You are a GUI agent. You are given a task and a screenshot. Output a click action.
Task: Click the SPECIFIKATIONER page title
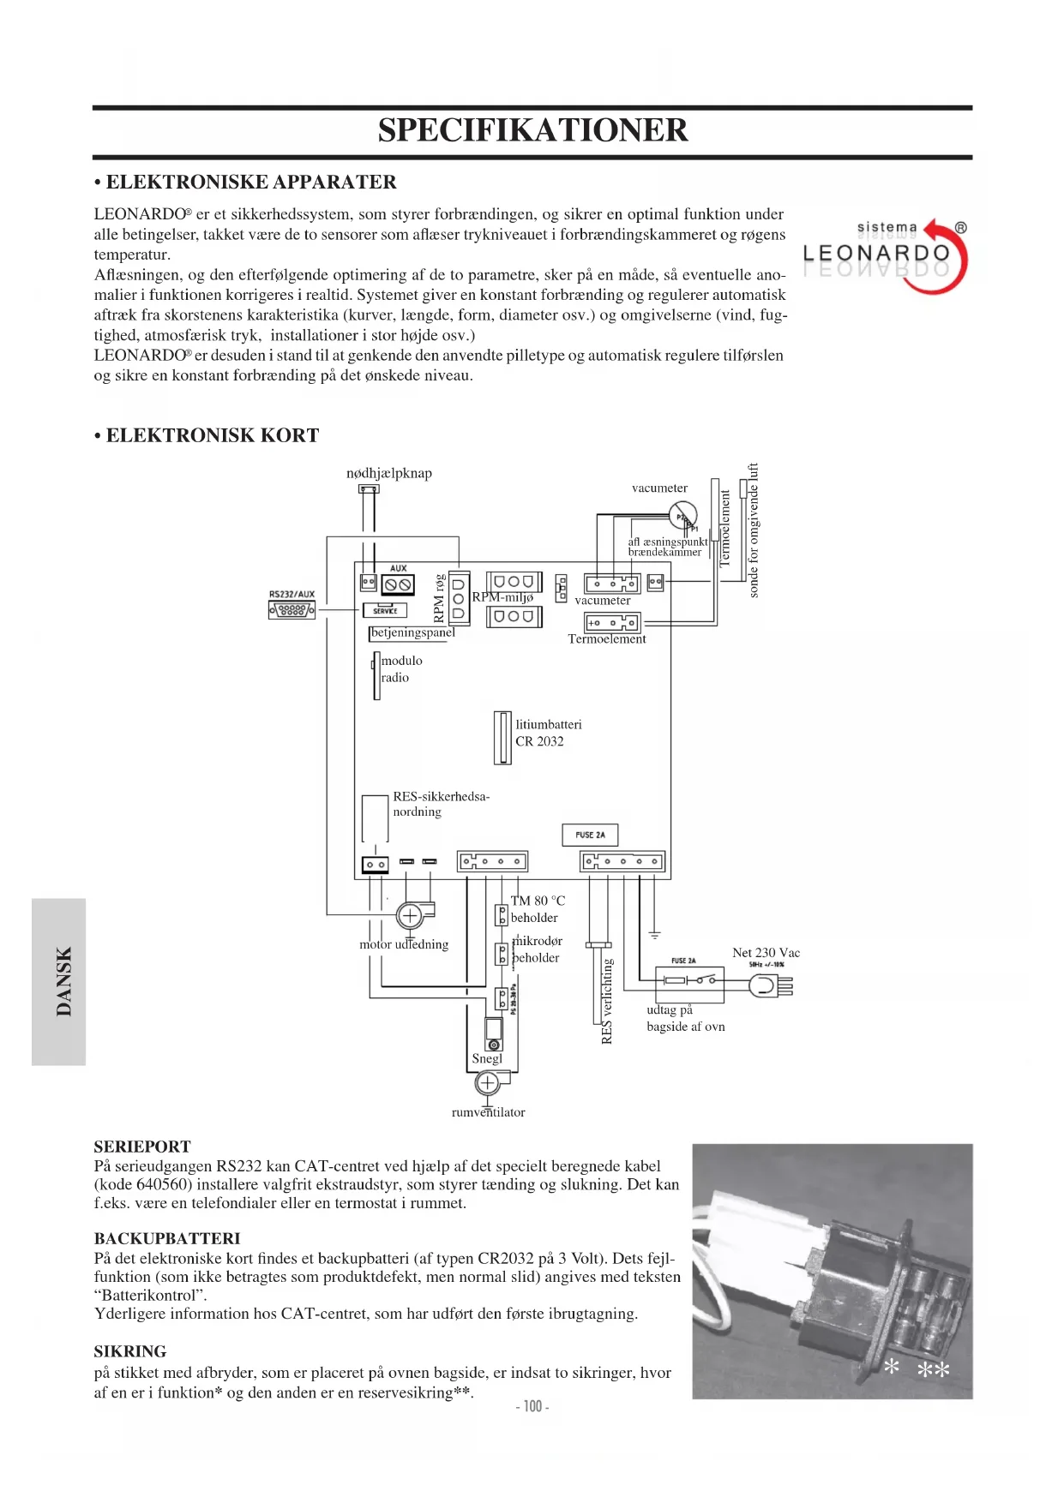[x=532, y=130]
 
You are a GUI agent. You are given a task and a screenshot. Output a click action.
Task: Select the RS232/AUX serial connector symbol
[x=292, y=610]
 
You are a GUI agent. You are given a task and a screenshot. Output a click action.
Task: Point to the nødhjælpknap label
[x=389, y=473]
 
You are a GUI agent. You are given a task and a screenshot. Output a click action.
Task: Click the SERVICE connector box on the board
[x=385, y=610]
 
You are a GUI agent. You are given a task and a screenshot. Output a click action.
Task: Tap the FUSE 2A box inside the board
[x=590, y=835]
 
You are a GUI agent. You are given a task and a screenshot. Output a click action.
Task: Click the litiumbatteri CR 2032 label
[x=548, y=733]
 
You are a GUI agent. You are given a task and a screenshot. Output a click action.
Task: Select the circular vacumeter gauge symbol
[x=683, y=516]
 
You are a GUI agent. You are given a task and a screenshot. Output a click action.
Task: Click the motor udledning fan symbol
[x=410, y=916]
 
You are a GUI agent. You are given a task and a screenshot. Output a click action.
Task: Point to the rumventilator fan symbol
[x=487, y=1084]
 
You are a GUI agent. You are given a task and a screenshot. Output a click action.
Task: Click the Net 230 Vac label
[x=766, y=953]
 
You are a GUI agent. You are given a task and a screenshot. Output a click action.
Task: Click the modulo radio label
[x=401, y=669]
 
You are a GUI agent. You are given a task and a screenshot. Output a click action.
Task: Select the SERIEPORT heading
[x=142, y=1147]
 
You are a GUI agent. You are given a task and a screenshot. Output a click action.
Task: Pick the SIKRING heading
[x=130, y=1351]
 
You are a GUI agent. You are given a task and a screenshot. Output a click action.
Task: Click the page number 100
[x=532, y=1406]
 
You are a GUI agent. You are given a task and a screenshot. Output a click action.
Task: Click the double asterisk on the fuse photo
[x=934, y=1370]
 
